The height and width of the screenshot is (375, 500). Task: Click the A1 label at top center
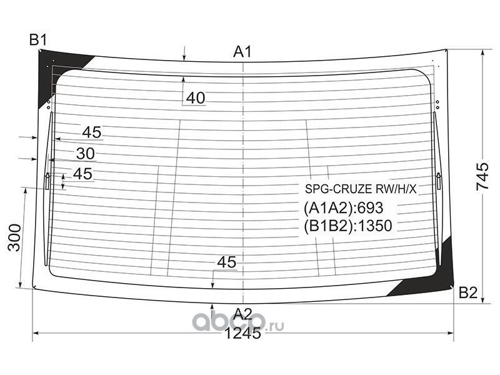coord(242,52)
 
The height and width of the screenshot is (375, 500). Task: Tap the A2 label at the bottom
coord(242,314)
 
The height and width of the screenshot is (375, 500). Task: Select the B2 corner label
coord(467,292)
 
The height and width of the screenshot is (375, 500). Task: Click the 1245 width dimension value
coord(242,334)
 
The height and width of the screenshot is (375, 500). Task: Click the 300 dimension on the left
coord(14,237)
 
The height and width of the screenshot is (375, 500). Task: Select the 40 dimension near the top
coord(196,98)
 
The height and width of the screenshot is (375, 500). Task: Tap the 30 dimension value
coord(85,154)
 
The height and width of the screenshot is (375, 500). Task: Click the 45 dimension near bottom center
coord(226,262)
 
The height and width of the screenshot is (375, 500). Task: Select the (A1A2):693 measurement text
coord(343,208)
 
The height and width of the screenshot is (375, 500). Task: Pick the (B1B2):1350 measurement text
coord(348,226)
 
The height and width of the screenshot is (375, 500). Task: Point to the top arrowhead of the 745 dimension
coord(482,52)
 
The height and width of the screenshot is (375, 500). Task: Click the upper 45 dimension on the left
coord(91,132)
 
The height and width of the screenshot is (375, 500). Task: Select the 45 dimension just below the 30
coord(82,174)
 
